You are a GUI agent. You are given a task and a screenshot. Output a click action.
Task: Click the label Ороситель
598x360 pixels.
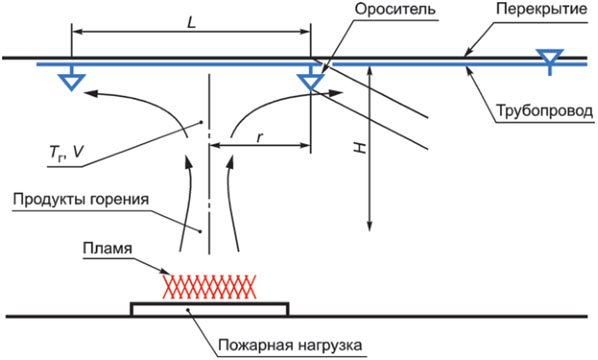click(x=395, y=9)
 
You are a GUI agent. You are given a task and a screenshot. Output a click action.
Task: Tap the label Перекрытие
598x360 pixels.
click(x=542, y=9)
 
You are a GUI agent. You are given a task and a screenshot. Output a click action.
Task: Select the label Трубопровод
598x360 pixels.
click(x=545, y=111)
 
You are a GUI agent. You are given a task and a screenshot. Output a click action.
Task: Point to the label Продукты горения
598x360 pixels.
click(x=80, y=199)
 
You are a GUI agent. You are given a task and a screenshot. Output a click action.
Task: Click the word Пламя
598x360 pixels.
click(x=108, y=248)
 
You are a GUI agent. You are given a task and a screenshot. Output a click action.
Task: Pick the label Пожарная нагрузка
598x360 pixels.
click(x=290, y=345)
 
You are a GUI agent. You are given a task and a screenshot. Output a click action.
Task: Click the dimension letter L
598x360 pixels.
click(x=191, y=23)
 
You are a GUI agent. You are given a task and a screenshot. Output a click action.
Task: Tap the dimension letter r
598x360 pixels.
click(x=260, y=137)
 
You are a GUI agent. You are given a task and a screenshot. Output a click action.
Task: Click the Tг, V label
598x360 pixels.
click(x=66, y=152)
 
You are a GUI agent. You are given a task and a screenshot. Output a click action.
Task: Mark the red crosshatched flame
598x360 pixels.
click(x=209, y=286)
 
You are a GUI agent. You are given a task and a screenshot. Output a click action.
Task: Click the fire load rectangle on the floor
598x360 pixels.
click(x=209, y=309)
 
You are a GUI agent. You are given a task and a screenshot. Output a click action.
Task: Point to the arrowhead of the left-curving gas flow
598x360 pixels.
click(x=90, y=93)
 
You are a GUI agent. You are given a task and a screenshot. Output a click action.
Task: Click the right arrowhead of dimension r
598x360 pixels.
click(x=305, y=145)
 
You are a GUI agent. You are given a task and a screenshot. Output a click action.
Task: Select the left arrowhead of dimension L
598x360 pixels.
click(x=78, y=31)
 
